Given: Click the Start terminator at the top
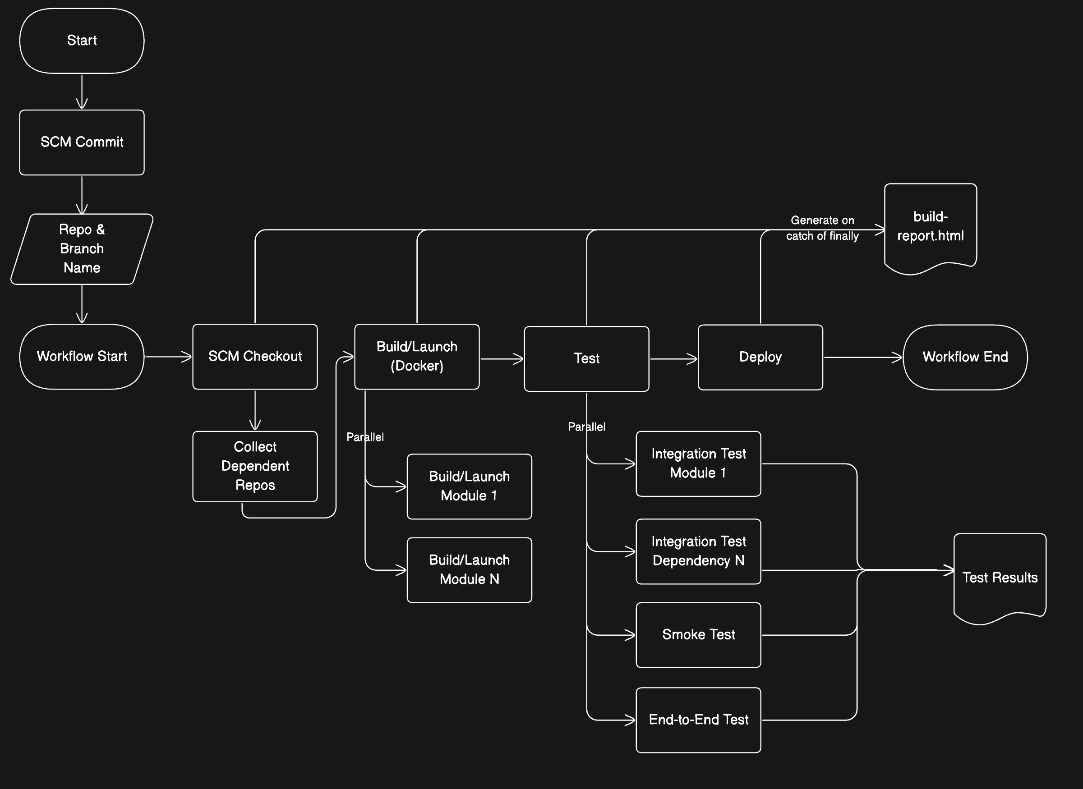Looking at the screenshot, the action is click(82, 41).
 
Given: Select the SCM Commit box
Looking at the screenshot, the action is click(82, 142).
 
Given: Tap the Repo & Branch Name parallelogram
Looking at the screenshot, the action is click(82, 249).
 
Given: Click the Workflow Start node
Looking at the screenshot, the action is click(82, 357).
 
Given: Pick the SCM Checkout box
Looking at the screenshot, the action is click(255, 357).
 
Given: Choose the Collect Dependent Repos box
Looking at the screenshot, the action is click(255, 467).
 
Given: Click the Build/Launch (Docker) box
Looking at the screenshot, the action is click(417, 357).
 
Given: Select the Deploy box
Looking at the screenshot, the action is click(760, 357).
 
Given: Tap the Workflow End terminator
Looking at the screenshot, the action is click(965, 357).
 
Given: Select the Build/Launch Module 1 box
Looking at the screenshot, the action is click(470, 486).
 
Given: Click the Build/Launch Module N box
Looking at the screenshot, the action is click(470, 570).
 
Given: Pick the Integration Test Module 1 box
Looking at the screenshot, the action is click(698, 464).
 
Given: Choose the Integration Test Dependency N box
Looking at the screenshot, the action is click(698, 552).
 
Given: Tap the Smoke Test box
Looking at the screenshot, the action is click(698, 635).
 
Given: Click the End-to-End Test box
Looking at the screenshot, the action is click(698, 720).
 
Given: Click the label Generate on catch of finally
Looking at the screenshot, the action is click(822, 228).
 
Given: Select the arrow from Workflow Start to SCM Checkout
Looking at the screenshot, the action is click(168, 357).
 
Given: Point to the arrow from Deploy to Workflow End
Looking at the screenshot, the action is click(863, 357).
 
